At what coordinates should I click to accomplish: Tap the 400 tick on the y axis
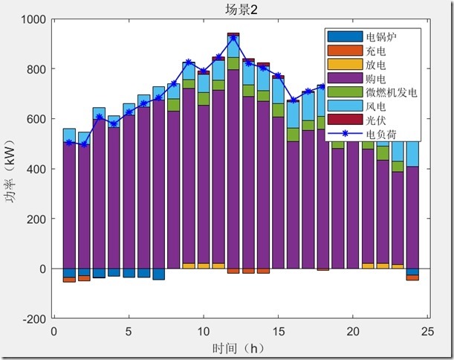coord(36,170)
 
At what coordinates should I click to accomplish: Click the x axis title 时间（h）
coord(237,347)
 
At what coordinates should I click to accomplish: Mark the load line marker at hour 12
coord(233,37)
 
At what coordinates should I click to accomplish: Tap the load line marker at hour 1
coord(69,142)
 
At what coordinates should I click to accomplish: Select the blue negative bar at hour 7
coord(158,274)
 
